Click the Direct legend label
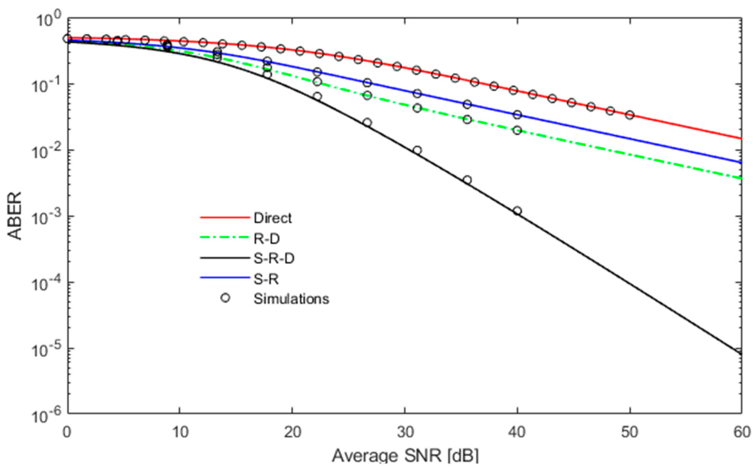(272, 218)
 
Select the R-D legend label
(266, 239)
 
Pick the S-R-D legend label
(274, 259)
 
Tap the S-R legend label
(266, 279)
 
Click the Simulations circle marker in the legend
(225, 298)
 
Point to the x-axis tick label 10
(180, 432)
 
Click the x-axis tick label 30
(405, 432)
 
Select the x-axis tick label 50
(629, 432)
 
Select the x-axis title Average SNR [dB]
(405, 456)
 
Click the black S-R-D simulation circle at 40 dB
(517, 211)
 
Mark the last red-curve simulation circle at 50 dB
(629, 115)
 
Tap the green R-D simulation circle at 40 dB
(517, 130)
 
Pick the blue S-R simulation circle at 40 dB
(517, 115)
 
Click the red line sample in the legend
(225, 217)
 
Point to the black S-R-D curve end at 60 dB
(741, 354)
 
